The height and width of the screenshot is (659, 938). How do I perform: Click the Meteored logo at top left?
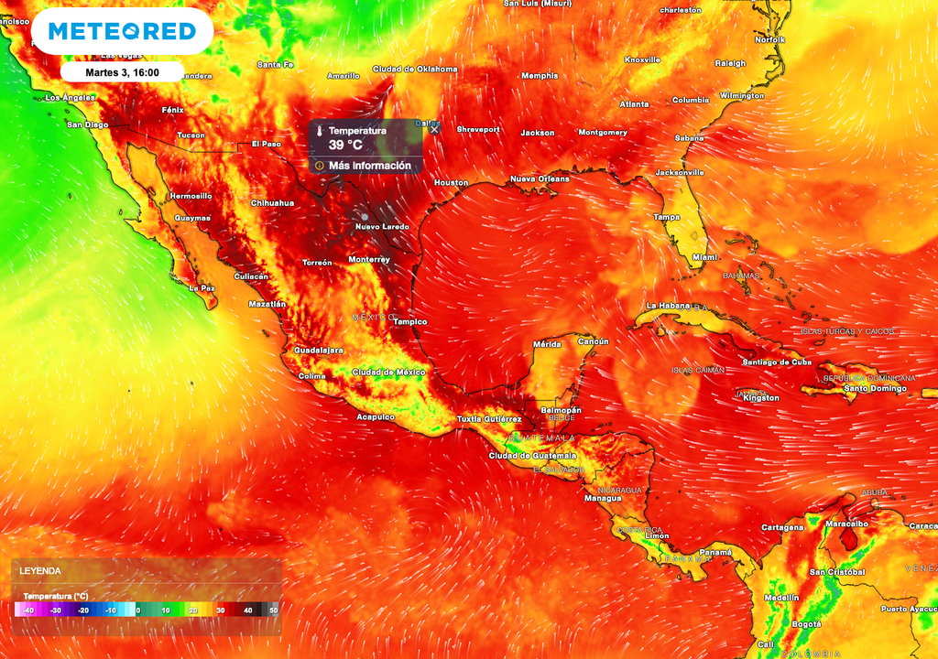(122, 32)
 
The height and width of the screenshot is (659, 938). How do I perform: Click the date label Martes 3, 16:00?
(122, 72)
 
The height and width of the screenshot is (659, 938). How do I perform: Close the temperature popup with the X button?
(434, 129)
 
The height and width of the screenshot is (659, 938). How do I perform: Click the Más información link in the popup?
(369, 166)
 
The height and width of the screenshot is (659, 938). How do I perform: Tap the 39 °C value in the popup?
(345, 145)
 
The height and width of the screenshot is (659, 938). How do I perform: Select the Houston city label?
(451, 183)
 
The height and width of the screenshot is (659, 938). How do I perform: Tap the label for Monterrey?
(369, 259)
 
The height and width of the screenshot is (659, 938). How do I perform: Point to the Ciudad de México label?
(389, 372)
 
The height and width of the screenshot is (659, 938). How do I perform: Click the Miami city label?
(704, 257)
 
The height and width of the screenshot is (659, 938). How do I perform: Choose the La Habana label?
(666, 305)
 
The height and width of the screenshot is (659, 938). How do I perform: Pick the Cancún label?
(593, 341)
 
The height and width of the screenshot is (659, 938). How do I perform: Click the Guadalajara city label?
(318, 350)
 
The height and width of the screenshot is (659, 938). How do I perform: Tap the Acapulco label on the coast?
(376, 416)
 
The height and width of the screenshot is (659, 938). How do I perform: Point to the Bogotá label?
(806, 623)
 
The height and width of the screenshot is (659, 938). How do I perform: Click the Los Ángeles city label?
(71, 97)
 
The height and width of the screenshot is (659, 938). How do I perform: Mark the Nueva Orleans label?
(540, 178)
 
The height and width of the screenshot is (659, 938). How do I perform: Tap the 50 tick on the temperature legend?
(273, 610)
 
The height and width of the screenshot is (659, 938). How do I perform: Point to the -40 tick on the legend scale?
(28, 610)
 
